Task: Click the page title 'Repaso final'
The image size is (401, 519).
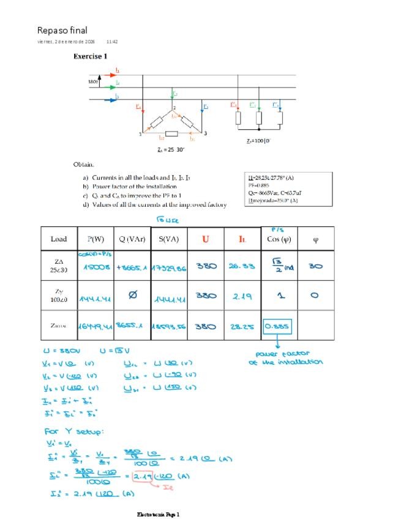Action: coord(62,30)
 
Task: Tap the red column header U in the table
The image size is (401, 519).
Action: coord(206,239)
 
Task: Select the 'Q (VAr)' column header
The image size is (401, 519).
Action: coord(130,239)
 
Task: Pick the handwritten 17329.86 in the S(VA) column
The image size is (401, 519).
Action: coord(168,267)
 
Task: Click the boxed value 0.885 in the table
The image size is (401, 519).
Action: coord(277,327)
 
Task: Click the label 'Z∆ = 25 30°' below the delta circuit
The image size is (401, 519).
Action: coord(170,149)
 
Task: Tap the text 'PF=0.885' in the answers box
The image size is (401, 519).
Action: coord(260,185)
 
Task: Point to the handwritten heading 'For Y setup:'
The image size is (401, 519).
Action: coord(73,432)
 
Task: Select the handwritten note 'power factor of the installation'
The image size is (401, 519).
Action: coord(285,358)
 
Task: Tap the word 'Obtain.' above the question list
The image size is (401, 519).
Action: coord(84,165)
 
